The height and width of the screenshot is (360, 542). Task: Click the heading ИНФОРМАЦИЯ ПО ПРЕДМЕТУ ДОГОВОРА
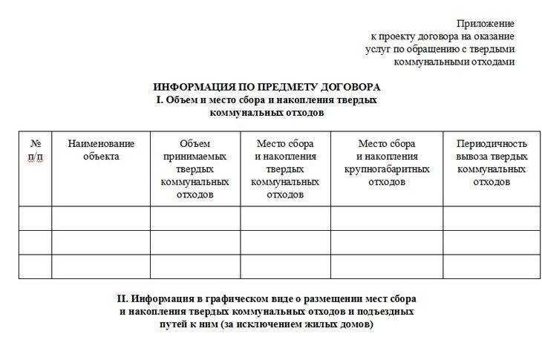tap(267, 87)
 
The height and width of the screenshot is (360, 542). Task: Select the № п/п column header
tap(35, 149)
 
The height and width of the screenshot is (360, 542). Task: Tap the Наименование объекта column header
tap(101, 149)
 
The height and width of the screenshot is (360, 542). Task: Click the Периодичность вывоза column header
tap(492, 162)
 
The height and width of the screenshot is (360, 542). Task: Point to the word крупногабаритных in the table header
tap(387, 168)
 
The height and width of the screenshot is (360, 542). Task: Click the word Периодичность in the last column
tap(492, 143)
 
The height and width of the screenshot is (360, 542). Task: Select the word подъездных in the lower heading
tap(387, 312)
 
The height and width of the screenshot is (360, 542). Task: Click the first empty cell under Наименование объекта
tap(101, 218)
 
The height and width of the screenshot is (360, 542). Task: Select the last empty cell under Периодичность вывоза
tap(492, 266)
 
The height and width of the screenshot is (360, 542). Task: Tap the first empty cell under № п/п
tap(35, 218)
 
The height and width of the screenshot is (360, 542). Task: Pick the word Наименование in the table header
tap(101, 143)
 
